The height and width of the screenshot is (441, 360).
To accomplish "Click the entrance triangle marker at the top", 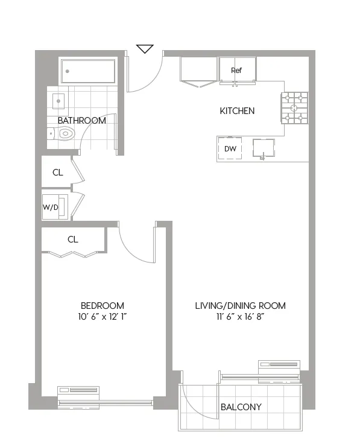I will pos(145,49).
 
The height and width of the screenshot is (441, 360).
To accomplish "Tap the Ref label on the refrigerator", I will pos(236,71).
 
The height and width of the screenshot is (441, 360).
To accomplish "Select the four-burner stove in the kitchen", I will pos(295,108).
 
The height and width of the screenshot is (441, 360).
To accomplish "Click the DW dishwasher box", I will pos(230,149).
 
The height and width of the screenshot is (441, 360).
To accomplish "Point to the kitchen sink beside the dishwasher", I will pos(263,148).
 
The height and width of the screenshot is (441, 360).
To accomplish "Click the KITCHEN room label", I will pos(236,111).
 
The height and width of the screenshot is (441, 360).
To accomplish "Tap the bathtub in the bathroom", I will pos(88,72).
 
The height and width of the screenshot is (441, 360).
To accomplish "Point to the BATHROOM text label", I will pos(81,121).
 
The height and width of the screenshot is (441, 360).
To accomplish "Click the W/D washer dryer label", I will pos(51,208).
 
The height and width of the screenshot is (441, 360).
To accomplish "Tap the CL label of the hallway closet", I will pos(57,173).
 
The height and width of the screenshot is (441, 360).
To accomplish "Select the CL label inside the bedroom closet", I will pos(72,240).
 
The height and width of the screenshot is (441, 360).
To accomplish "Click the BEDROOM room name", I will pos(103,305).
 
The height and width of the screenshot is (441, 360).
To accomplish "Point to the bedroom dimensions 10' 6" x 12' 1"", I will pos(103,317).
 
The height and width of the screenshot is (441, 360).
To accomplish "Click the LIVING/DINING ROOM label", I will pos(240,305).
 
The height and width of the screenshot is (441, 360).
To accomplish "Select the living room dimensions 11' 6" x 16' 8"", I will pos(240,317).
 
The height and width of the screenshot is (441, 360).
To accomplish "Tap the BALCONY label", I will pos(241,407).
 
